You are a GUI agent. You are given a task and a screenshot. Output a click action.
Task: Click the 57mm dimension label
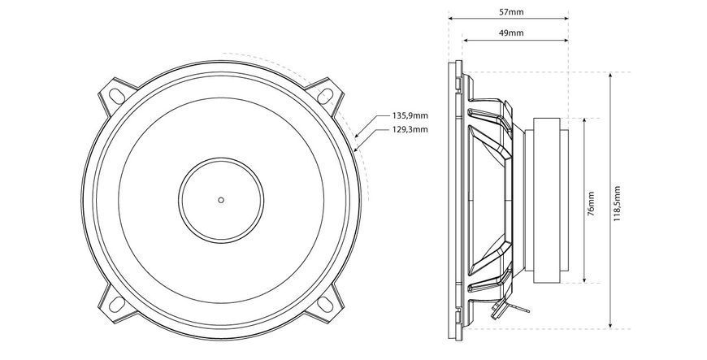(511, 12)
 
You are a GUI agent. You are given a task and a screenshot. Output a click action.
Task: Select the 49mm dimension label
(511, 33)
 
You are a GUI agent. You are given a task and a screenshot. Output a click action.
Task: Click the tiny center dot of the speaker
(221, 200)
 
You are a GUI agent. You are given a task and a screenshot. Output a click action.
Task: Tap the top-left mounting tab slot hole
(117, 95)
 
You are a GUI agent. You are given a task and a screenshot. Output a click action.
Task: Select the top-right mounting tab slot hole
(325, 95)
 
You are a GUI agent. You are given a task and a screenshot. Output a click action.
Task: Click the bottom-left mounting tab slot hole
(117, 304)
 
